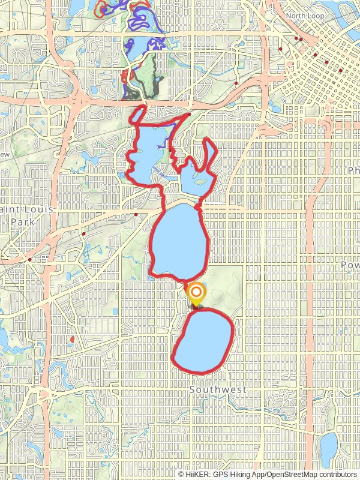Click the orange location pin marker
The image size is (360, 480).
point(196,295)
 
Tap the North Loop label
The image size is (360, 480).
point(304,16)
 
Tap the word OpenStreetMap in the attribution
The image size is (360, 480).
point(292,474)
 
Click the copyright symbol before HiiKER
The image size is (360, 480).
point(181,474)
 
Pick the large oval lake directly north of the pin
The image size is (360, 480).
point(178,240)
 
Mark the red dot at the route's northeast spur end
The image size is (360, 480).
point(189,114)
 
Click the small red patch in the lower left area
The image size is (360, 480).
point(72,340)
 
